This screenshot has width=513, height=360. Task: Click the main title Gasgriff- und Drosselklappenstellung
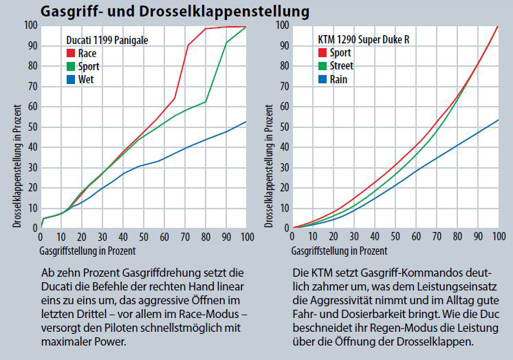[x=173, y=12]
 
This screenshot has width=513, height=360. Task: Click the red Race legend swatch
[x=70, y=53]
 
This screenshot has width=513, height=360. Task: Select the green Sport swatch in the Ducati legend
[x=70, y=66]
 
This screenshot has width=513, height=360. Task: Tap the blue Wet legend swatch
[x=70, y=79]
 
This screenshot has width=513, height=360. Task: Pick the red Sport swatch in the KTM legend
[x=323, y=53]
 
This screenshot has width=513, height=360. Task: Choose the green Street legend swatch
[x=323, y=66]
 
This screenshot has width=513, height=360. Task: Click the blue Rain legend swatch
[x=323, y=79]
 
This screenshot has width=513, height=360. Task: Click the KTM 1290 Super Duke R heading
[x=369, y=41]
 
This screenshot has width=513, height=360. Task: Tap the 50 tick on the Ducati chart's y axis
[x=31, y=127]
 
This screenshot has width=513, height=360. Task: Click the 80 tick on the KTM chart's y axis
[x=282, y=66]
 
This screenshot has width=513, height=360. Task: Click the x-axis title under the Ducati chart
[x=87, y=250]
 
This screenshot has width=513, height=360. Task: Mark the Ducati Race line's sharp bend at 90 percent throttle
[x=188, y=45]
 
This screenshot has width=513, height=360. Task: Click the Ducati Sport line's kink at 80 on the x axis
[x=206, y=102]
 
